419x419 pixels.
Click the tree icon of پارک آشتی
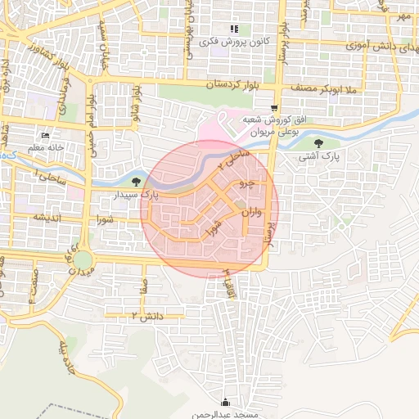tap(329, 143)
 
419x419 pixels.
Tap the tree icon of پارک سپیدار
tap(136, 182)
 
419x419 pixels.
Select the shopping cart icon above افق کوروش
tap(274, 107)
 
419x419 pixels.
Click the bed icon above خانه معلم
tap(44, 136)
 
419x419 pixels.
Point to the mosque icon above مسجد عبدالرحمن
tap(226, 402)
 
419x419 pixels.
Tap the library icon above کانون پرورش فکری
tap(235, 29)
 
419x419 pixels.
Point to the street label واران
tap(250, 214)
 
